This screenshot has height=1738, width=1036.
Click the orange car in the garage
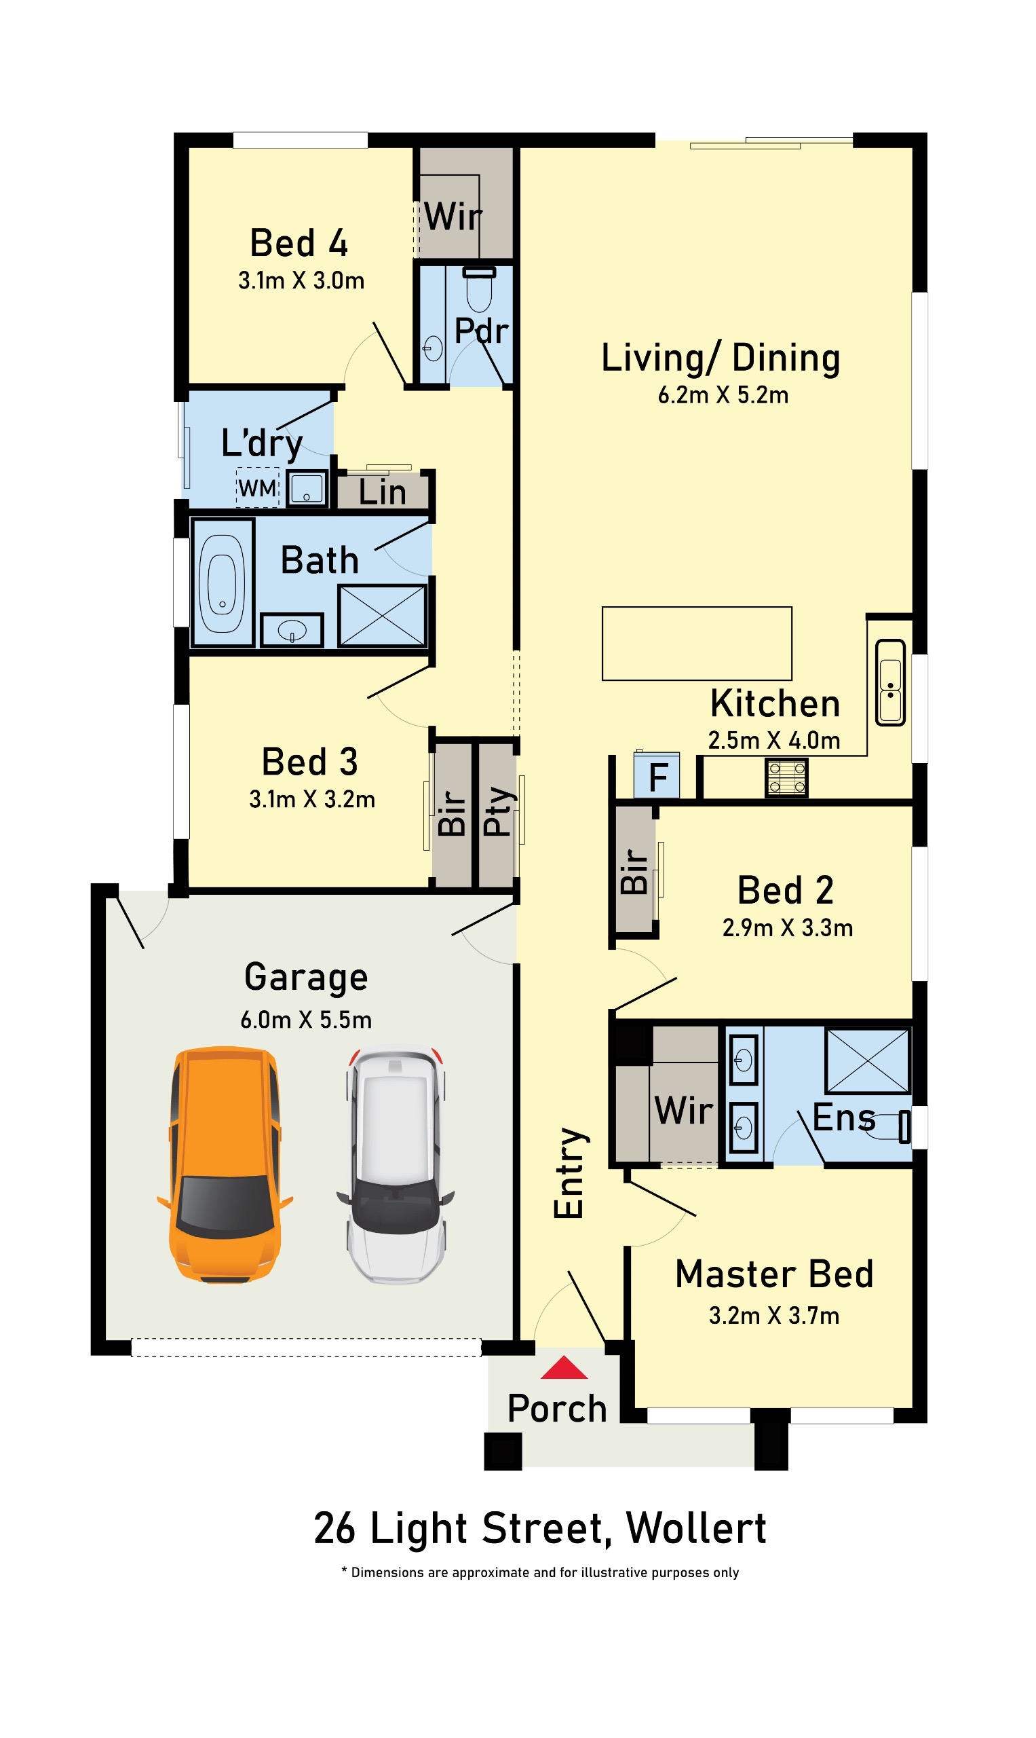pyautogui.click(x=225, y=1165)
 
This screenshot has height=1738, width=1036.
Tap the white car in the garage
pyautogui.click(x=396, y=1165)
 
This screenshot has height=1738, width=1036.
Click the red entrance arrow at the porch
pyautogui.click(x=564, y=1369)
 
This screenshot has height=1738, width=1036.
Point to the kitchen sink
pyautogui.click(x=890, y=682)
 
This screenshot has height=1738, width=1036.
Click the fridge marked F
pyautogui.click(x=657, y=775)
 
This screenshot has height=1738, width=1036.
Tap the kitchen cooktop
pyautogui.click(x=787, y=777)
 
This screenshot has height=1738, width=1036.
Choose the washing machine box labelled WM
pyautogui.click(x=258, y=487)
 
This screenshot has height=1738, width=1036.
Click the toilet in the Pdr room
pyautogui.click(x=479, y=289)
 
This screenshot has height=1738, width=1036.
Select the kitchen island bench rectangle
pyautogui.click(x=697, y=644)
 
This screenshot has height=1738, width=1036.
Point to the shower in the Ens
pyautogui.click(x=868, y=1060)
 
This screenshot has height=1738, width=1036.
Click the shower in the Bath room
pyautogui.click(x=382, y=615)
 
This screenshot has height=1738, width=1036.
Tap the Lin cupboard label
pyautogui.click(x=383, y=492)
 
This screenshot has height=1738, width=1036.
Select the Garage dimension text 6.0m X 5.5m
pyautogui.click(x=306, y=1020)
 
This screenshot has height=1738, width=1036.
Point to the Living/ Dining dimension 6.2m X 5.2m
pyautogui.click(x=723, y=394)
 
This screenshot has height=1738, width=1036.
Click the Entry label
pyautogui.click(x=570, y=1173)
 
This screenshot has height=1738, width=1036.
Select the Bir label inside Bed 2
pyautogui.click(x=634, y=871)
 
